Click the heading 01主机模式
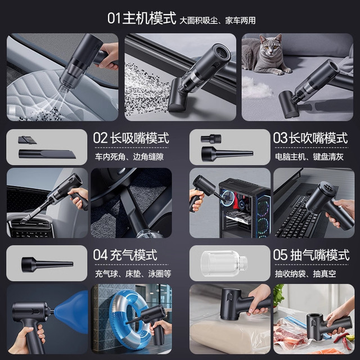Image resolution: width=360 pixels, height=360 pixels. pos(142,18)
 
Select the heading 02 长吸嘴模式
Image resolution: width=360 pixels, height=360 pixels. pos(131,138)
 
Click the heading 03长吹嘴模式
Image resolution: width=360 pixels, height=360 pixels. pos(310,138)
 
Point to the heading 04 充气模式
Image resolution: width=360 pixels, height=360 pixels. pos(125,255)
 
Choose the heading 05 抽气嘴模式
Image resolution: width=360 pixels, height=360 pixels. pos(311,255)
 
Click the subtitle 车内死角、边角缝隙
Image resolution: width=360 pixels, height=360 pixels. pos(129,157)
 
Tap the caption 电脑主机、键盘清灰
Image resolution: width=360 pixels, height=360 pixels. pos(309,157)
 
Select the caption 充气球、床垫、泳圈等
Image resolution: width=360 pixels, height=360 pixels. pos(133,274)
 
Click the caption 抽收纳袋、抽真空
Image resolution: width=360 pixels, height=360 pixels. pos(305,274)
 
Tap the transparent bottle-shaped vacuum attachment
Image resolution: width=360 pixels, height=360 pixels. pos(224,263)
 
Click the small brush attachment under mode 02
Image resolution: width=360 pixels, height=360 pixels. pos(27,140)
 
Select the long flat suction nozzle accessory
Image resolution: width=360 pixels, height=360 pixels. pos(47,154)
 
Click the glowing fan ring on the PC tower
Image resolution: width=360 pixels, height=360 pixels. pos(228,199)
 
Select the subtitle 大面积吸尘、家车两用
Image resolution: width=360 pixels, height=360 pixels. pos(218,21)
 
